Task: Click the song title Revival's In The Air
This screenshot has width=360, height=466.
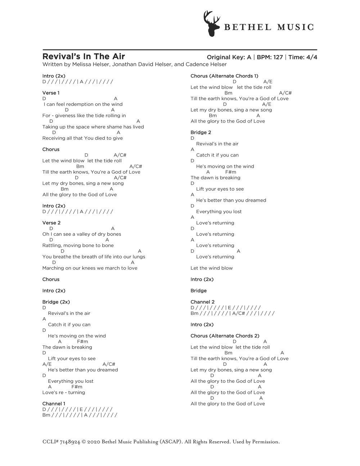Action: point(84,56)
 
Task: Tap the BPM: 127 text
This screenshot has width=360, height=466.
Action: point(270,57)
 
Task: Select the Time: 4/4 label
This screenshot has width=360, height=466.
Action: point(302,57)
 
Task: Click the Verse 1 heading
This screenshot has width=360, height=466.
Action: point(51,93)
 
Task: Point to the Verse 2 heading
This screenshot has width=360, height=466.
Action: point(51,223)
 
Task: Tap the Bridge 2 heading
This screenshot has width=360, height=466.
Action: point(201,132)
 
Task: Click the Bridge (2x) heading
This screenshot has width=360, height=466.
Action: point(56,302)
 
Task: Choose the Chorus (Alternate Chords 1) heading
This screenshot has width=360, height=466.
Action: point(224,76)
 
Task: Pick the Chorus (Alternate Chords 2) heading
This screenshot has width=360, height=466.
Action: point(225,336)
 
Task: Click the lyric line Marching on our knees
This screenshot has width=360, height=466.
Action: point(90,268)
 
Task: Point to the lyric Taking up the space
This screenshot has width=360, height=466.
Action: point(93,127)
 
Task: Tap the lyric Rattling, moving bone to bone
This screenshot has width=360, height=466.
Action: point(78,245)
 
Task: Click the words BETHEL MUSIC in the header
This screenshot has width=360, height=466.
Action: point(269,27)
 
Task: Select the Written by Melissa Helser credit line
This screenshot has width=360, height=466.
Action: point(134,64)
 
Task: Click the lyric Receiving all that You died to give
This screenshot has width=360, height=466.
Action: point(82,138)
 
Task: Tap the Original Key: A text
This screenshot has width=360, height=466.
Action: point(229,57)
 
